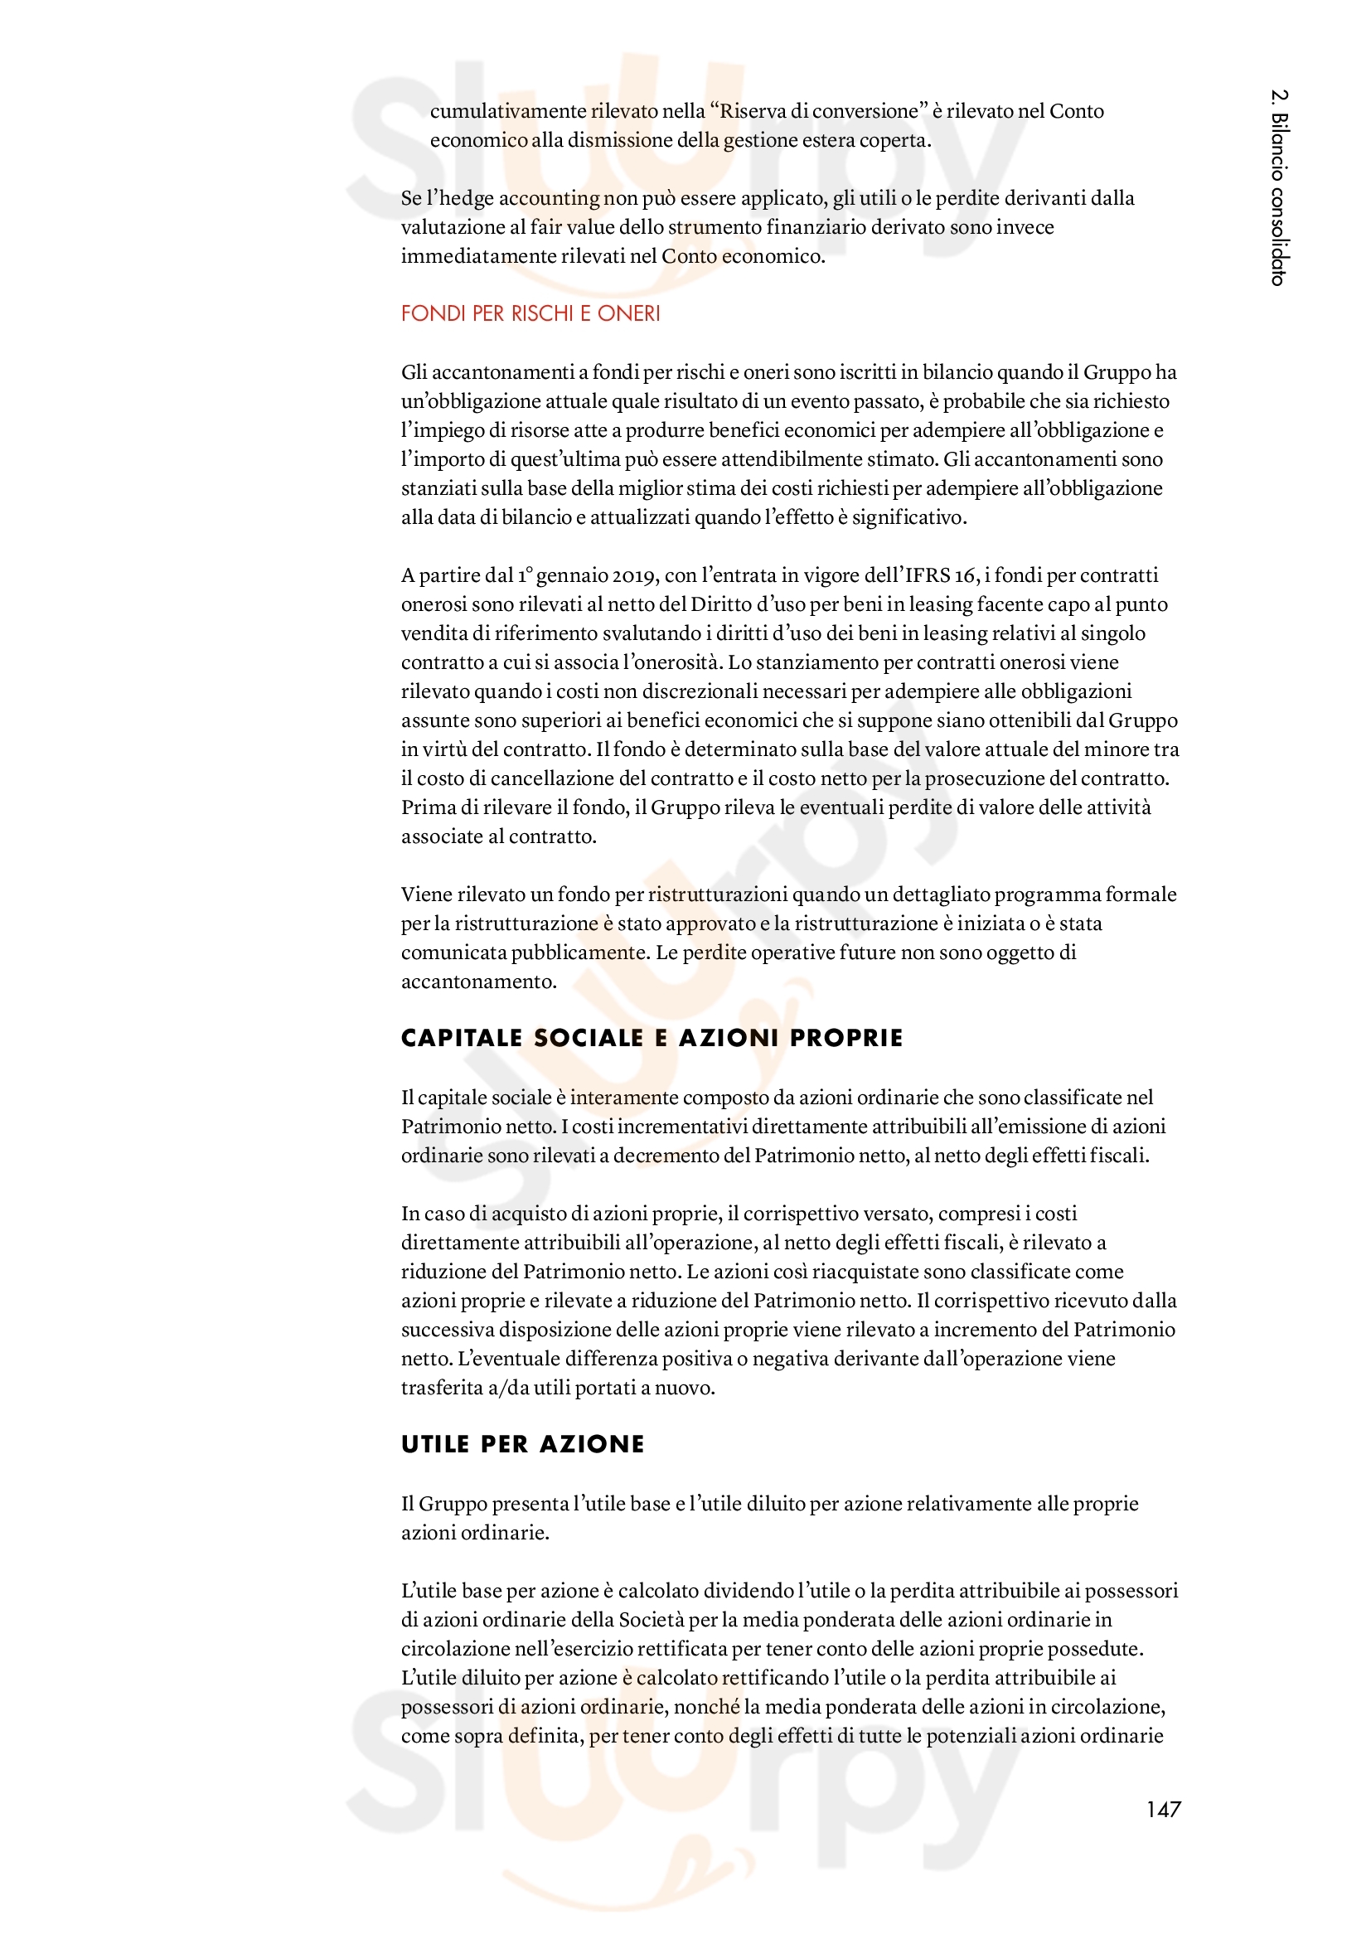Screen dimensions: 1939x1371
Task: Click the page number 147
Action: [x=1162, y=1809]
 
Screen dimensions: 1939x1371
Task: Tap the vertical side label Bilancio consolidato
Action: [x=1279, y=187]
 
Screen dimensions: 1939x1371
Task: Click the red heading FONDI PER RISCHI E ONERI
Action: [x=530, y=313]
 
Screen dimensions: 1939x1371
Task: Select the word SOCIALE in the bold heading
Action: [x=589, y=1038]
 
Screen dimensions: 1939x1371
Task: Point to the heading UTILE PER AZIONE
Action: [x=522, y=1444]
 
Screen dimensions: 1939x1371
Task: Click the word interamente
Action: [x=624, y=1097]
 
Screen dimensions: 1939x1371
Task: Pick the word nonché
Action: [x=705, y=1707]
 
